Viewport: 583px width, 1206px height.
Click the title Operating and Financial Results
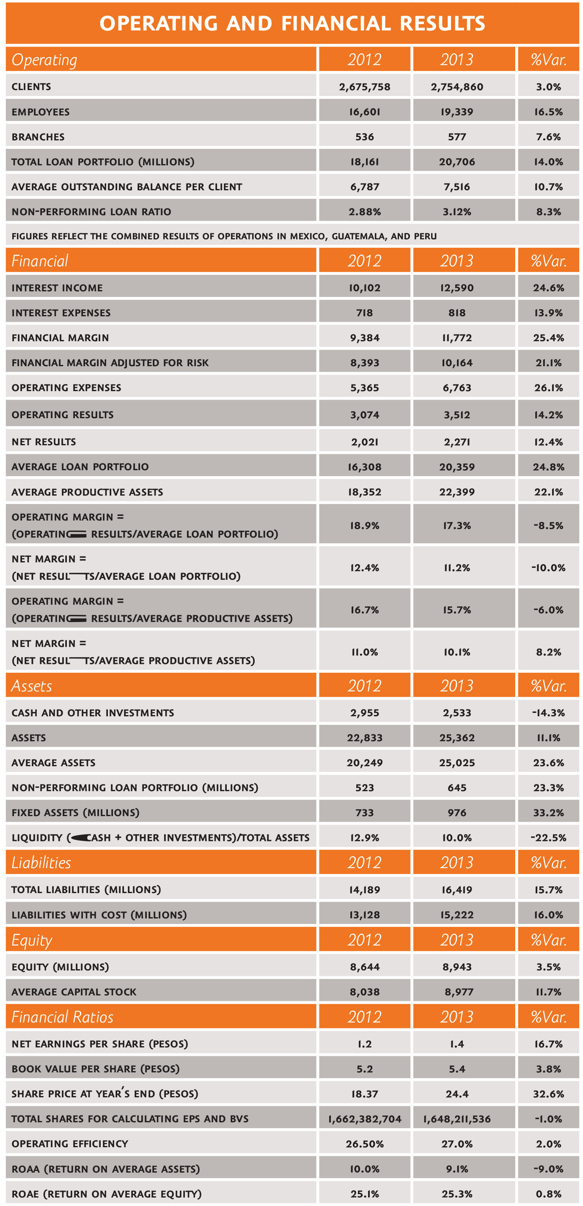(292, 23)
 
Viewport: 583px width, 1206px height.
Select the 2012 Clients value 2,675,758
(364, 87)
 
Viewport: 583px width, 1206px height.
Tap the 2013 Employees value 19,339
(456, 112)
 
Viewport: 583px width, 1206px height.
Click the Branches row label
(38, 137)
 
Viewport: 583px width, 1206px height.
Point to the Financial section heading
(40, 261)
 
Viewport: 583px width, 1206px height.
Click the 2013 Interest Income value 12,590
(456, 288)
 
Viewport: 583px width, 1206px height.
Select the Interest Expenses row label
(61, 313)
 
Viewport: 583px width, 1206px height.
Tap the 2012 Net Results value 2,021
(364, 442)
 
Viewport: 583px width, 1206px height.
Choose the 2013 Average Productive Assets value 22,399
(456, 492)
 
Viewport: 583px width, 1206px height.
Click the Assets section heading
(31, 686)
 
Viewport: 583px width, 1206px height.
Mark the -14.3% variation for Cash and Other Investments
(548, 713)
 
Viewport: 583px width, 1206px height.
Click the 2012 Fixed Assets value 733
(364, 813)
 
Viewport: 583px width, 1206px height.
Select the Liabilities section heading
(41, 862)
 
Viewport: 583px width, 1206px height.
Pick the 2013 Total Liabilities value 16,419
(456, 890)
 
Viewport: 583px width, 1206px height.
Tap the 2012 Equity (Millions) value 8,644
(364, 967)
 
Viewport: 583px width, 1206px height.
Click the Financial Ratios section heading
(62, 1017)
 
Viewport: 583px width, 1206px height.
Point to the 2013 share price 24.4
(456, 1094)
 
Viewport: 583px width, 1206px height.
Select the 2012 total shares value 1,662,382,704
(364, 1119)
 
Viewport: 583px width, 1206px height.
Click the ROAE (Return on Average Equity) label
(106, 1194)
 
